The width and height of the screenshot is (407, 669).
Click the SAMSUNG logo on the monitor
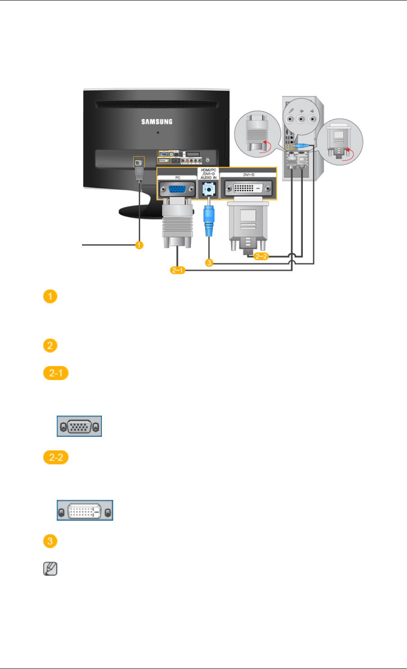click(157, 122)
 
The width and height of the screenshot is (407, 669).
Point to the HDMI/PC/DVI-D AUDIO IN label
click(208, 174)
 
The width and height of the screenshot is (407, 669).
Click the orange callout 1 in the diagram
click(139, 245)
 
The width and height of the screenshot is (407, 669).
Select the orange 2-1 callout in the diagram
click(178, 270)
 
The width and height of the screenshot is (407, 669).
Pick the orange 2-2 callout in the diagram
click(261, 257)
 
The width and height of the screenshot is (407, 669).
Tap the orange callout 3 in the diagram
click(209, 262)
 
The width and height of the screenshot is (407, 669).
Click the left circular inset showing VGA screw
click(257, 134)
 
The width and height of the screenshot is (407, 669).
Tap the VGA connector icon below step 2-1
click(79, 426)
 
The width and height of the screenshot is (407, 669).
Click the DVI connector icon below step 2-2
click(85, 511)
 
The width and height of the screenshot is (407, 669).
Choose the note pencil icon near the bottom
click(50, 569)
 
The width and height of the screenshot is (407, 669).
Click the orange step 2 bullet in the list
click(50, 346)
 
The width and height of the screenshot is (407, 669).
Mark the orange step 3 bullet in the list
click(50, 541)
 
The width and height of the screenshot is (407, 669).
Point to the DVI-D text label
click(249, 174)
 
